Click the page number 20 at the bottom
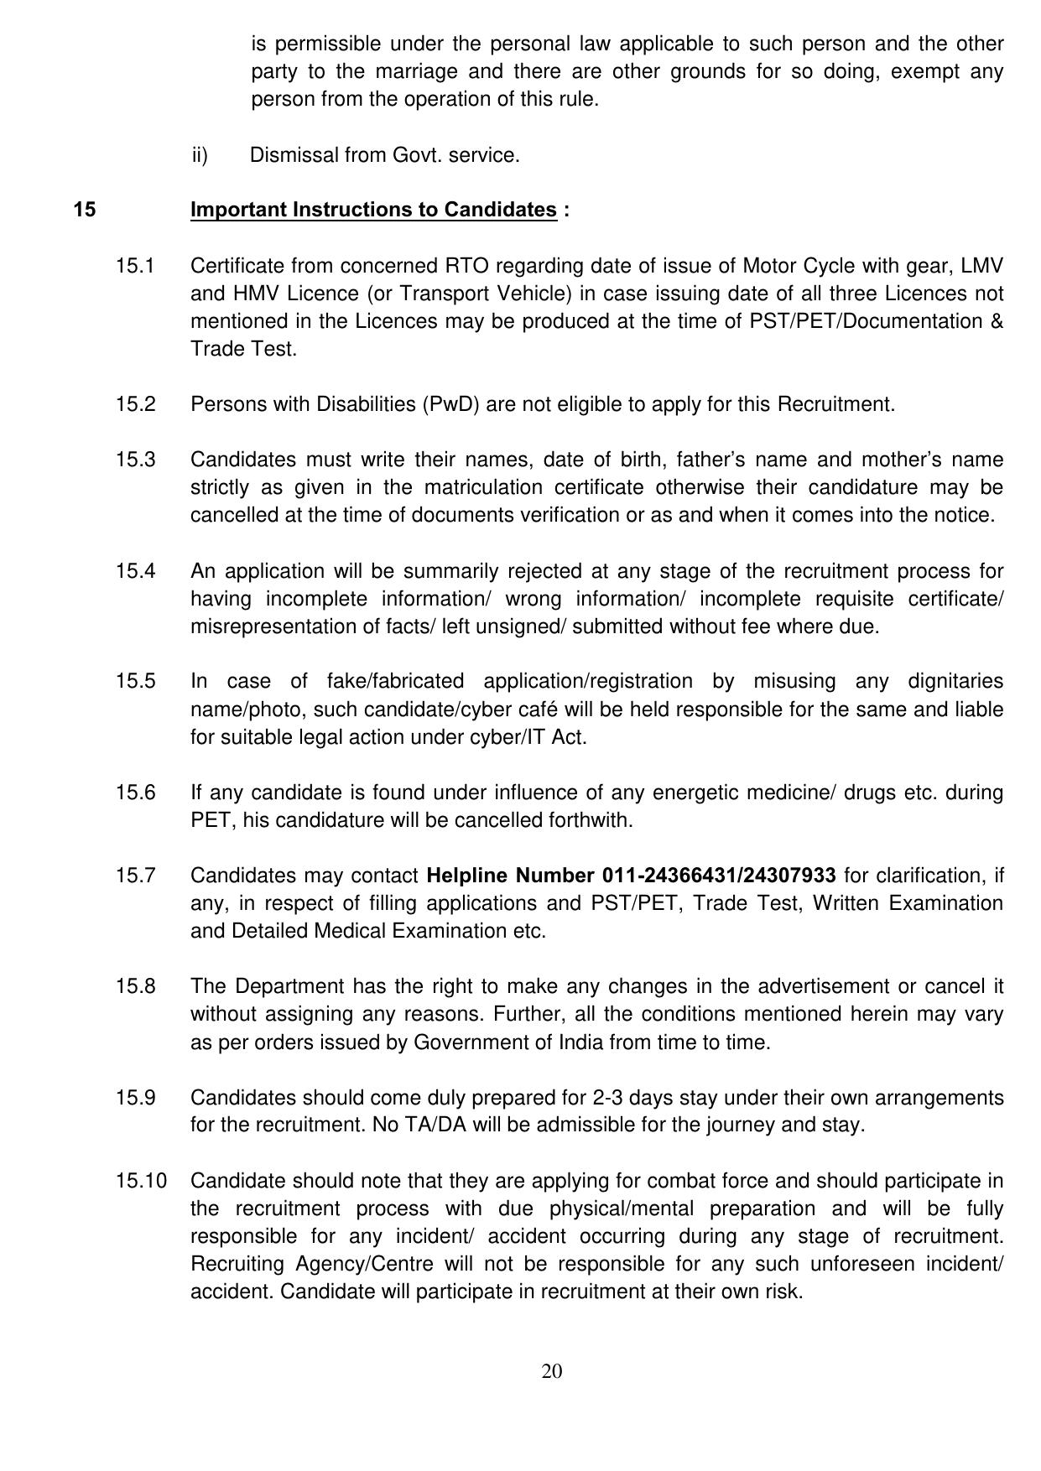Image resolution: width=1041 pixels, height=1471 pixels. (x=552, y=1371)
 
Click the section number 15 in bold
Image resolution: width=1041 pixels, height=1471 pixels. (x=84, y=210)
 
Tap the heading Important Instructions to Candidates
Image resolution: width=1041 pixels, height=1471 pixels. (x=373, y=210)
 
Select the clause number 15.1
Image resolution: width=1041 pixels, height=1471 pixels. (x=136, y=266)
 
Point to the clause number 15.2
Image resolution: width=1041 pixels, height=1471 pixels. (x=136, y=404)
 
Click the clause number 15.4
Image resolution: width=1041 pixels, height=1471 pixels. (x=136, y=571)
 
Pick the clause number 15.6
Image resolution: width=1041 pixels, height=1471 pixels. (x=136, y=793)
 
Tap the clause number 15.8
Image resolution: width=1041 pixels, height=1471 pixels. (x=136, y=986)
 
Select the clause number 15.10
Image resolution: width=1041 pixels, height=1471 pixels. (x=141, y=1181)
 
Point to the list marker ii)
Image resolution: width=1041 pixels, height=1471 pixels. (x=200, y=155)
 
